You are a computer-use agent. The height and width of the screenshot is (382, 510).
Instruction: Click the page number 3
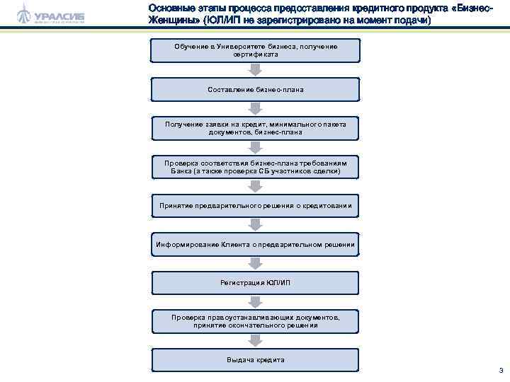click(x=501, y=370)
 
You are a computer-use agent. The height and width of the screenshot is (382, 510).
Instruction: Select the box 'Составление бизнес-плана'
click(x=256, y=89)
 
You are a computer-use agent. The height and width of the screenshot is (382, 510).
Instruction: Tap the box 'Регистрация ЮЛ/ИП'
click(x=256, y=283)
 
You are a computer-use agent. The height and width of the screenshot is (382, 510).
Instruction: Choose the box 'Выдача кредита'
click(x=256, y=360)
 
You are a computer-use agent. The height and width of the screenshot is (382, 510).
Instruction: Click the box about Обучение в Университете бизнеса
click(x=256, y=50)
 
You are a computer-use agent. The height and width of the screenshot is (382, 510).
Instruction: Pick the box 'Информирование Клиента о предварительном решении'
click(x=256, y=245)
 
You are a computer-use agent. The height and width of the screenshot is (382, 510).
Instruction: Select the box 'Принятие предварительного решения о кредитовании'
click(x=256, y=206)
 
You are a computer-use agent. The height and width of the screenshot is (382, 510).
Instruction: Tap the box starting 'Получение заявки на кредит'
click(x=256, y=128)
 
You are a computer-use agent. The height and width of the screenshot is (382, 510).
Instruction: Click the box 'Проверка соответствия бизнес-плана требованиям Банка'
click(x=256, y=167)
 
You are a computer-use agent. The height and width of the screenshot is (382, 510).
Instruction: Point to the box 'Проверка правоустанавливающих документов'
click(x=256, y=322)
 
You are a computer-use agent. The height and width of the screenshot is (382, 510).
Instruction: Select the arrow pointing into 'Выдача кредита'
click(x=256, y=341)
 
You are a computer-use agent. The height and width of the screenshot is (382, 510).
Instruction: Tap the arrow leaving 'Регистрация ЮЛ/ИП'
click(x=256, y=302)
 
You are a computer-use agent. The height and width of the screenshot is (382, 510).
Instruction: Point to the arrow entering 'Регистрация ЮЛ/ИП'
click(x=256, y=264)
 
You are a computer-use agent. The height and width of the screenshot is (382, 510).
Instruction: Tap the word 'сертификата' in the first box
click(x=256, y=54)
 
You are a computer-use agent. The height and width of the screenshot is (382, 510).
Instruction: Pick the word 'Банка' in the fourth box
click(x=183, y=171)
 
